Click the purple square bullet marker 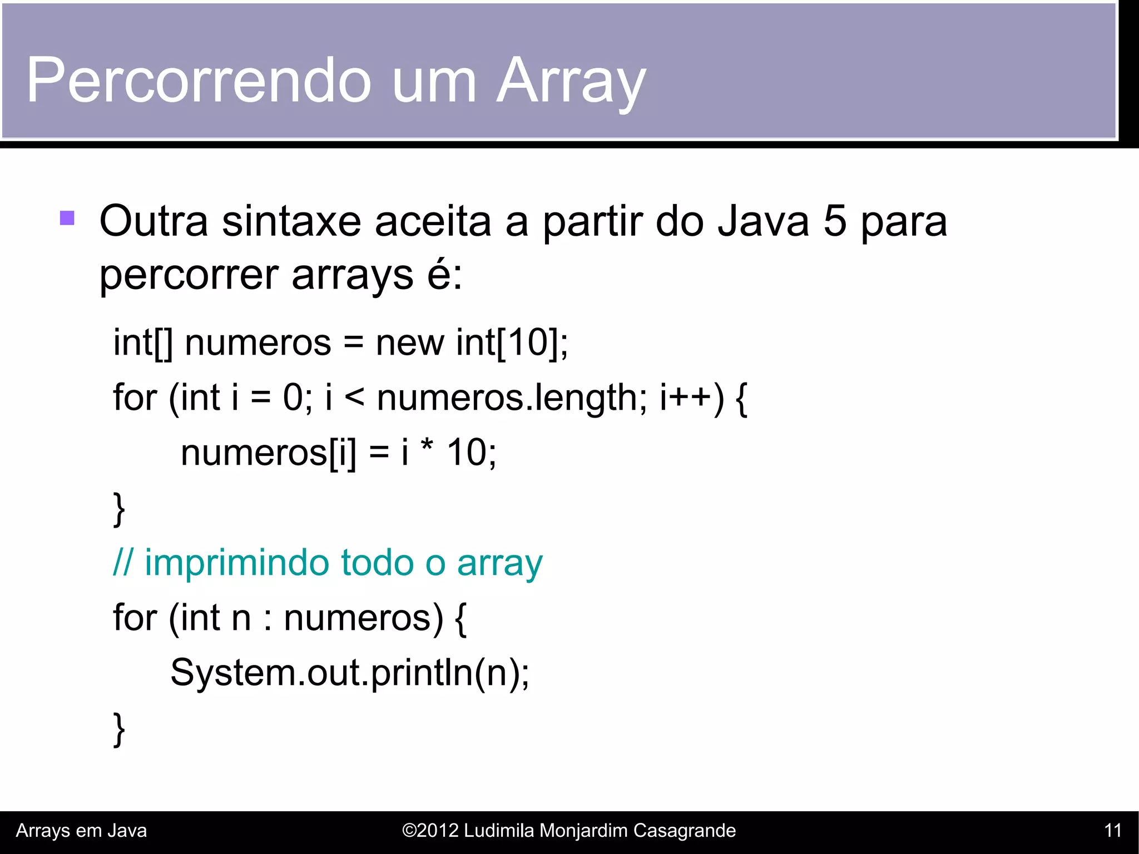(67, 217)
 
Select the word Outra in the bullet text (153, 221)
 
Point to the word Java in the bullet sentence (763, 221)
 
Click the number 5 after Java (835, 221)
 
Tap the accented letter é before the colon (439, 274)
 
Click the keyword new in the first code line (410, 342)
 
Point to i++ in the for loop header (690, 398)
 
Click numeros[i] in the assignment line (268, 453)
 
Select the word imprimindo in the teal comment (237, 563)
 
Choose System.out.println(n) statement (349, 673)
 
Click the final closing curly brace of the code (118, 728)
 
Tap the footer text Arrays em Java (81, 831)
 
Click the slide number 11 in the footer (1113, 831)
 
